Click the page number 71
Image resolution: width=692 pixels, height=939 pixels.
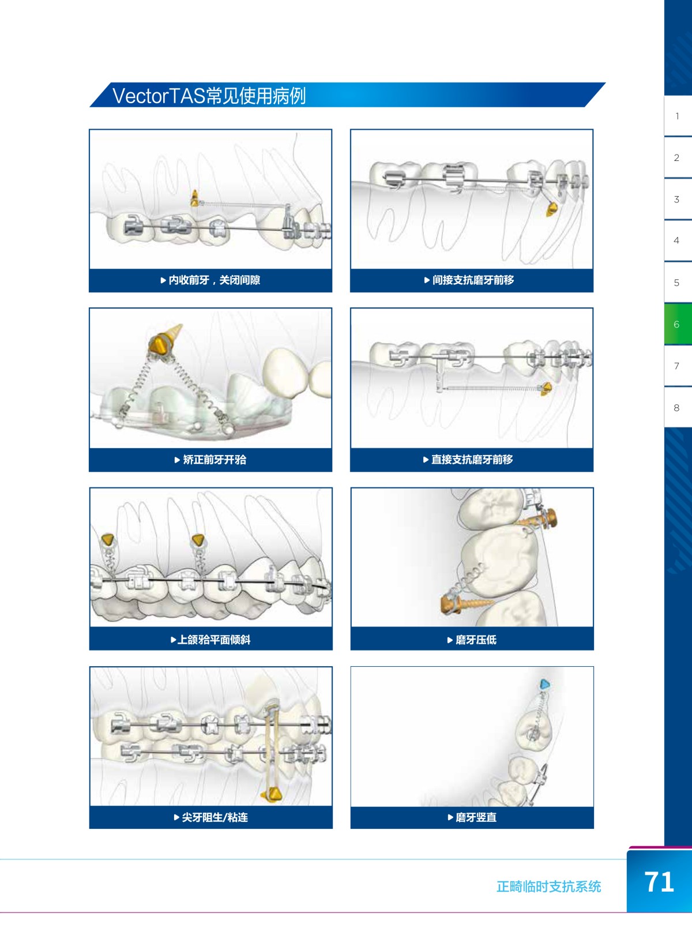(x=659, y=882)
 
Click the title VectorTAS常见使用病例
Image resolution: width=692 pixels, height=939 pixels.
(x=209, y=96)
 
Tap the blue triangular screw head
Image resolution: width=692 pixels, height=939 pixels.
(x=545, y=685)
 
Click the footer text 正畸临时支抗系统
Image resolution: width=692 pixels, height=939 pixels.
(x=548, y=887)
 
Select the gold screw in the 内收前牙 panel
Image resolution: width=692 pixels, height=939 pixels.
(x=194, y=198)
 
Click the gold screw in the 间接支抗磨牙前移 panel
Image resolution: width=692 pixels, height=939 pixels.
(x=552, y=209)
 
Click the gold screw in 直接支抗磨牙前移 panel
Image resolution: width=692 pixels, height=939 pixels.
(x=546, y=389)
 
